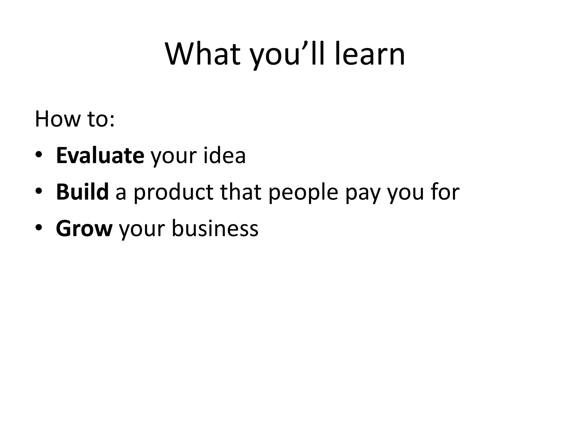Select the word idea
[225, 155]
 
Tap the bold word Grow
[84, 228]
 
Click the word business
[215, 228]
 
